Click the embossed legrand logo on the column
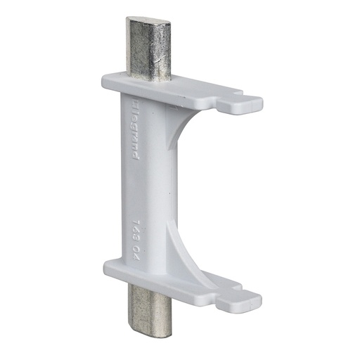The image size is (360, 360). (x=134, y=131)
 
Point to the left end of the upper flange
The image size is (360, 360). (x=105, y=77)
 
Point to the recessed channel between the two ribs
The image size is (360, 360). (x=176, y=190)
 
